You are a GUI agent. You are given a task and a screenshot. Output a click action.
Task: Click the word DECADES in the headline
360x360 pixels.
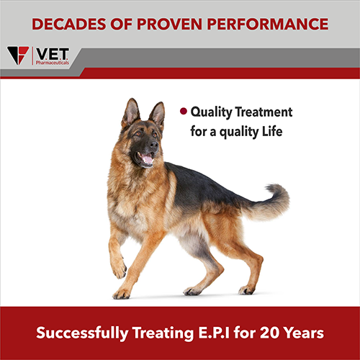click(x=69, y=24)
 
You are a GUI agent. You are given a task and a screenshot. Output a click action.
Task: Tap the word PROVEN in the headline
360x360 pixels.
click(x=169, y=24)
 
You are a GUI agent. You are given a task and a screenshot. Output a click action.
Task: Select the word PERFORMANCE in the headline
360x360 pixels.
click(x=268, y=24)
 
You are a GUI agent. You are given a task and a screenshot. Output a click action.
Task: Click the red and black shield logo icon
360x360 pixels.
click(x=18, y=55)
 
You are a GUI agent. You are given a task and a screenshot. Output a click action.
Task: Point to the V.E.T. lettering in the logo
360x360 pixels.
click(x=52, y=54)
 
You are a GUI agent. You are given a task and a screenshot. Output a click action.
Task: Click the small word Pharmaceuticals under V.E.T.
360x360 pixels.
click(x=53, y=63)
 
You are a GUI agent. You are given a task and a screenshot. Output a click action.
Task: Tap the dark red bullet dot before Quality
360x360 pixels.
click(x=184, y=111)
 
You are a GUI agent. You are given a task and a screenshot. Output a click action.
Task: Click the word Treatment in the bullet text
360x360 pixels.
click(x=264, y=112)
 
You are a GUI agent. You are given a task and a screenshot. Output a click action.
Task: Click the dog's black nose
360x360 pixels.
click(x=153, y=145)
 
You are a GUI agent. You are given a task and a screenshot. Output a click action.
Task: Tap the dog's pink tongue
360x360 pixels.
click(x=147, y=159)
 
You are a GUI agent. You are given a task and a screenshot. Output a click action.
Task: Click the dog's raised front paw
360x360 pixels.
click(x=119, y=269)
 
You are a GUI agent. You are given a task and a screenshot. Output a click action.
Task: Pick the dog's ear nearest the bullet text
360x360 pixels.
click(x=157, y=114)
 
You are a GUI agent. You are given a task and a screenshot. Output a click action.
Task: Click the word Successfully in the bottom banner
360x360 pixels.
click(x=82, y=333)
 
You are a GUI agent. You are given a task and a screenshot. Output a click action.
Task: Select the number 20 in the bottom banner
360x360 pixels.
click(x=269, y=333)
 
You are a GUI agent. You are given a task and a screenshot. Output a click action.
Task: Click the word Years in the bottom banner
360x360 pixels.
click(x=304, y=333)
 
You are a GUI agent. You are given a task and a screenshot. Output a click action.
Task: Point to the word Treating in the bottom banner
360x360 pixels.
click(x=163, y=333)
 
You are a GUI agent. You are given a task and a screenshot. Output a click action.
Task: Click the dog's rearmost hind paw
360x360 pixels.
click(x=246, y=290)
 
